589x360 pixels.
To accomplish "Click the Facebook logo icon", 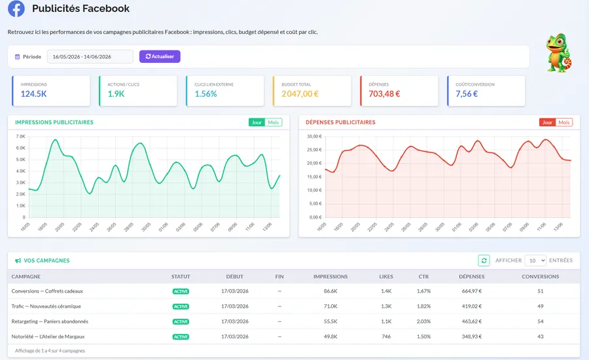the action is (16, 9).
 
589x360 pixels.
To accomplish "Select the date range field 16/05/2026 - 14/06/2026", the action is (90, 57).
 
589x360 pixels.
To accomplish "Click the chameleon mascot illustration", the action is (559, 52).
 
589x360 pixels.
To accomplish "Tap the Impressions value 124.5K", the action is (33, 94).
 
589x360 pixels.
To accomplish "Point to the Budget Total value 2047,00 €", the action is (300, 94).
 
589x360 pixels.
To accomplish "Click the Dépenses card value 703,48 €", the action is (384, 94).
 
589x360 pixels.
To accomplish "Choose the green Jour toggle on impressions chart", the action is (257, 122).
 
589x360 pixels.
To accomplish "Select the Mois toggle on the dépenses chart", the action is (563, 122).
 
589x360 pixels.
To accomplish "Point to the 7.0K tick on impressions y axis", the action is (21, 136).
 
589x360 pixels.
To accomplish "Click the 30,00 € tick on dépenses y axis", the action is (314, 136).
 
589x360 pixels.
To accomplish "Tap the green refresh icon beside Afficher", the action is (484, 261).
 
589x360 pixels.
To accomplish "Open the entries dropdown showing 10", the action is (535, 261).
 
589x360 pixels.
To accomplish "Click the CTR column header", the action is (423, 277).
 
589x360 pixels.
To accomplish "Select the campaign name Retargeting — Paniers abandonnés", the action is (50, 321).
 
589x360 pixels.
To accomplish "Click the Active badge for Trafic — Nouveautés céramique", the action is (181, 306).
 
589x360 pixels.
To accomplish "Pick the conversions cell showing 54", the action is (540, 321).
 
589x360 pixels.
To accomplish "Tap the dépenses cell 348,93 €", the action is (471, 336).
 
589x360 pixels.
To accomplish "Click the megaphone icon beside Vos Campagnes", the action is (18, 261).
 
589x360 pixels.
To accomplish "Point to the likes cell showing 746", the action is (386, 336).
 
